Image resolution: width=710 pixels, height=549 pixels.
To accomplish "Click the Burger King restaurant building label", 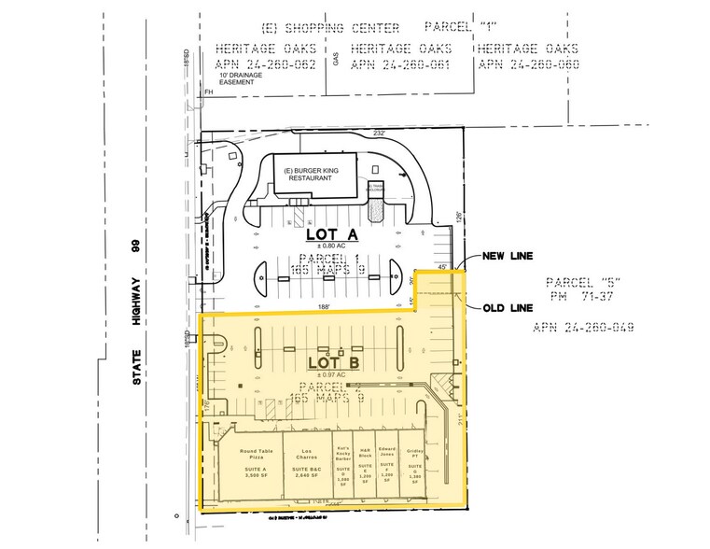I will click(x=314, y=176).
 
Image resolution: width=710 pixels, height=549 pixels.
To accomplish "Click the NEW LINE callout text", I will click(x=507, y=256).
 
